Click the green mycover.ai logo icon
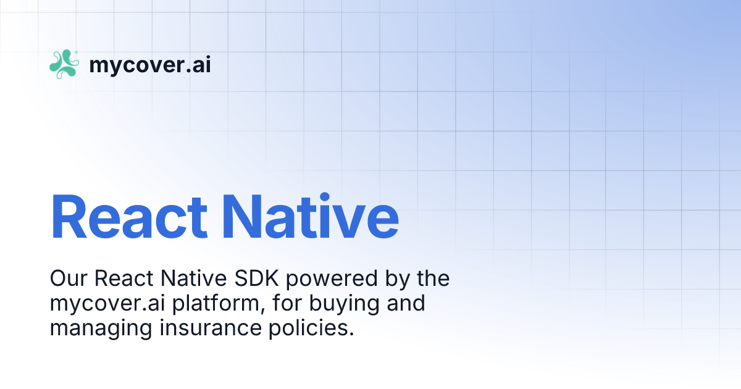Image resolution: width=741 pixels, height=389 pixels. pos(64,64)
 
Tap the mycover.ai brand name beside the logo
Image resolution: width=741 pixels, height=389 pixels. pos(150,65)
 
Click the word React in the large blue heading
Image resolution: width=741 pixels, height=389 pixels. pos(129,217)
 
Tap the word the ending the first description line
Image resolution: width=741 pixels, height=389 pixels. pos(433,279)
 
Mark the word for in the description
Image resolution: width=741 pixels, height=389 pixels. pos(277,304)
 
